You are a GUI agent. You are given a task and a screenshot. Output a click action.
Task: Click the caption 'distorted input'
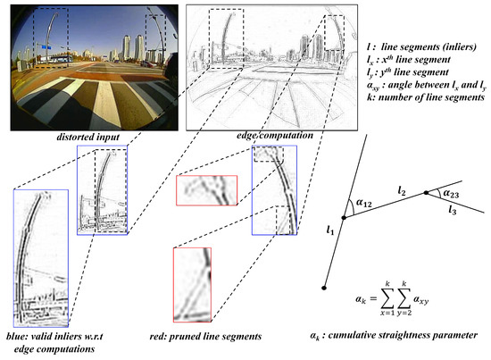click(x=87, y=136)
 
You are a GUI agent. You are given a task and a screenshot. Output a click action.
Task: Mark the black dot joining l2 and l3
click(x=427, y=193)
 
